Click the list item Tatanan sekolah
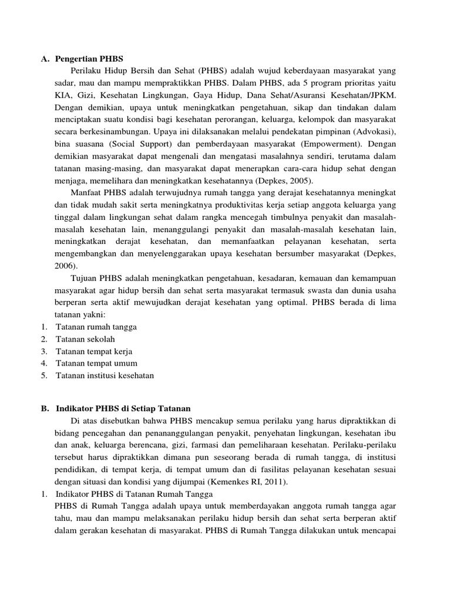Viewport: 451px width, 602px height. coord(85,340)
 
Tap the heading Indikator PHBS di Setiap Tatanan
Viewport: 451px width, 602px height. coord(127,408)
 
